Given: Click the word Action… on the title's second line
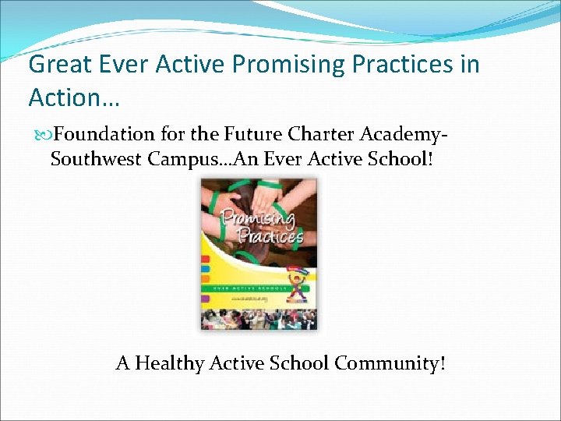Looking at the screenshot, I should point(72,97).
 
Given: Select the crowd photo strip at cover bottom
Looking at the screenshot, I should point(259,320).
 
